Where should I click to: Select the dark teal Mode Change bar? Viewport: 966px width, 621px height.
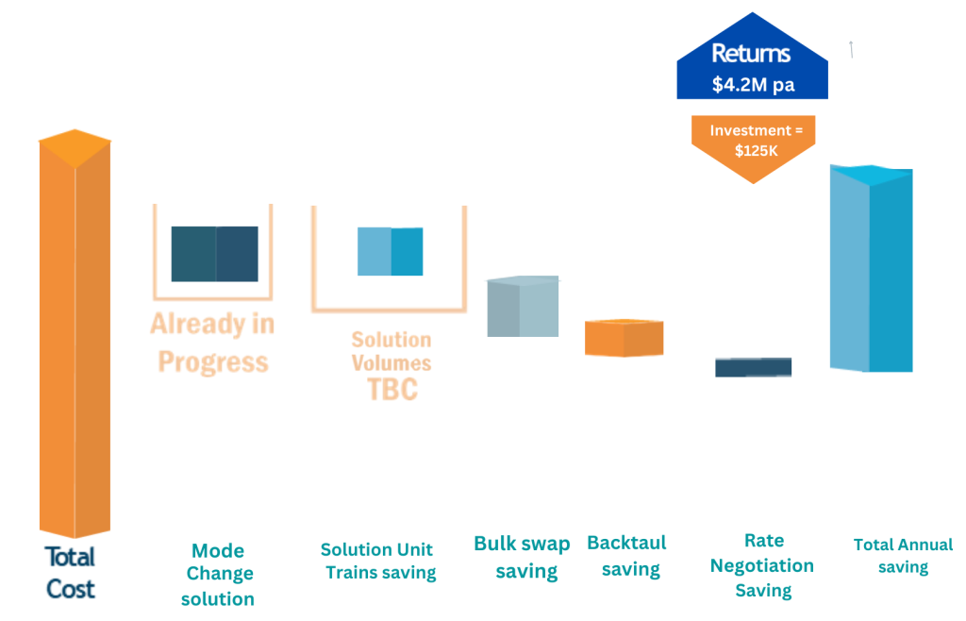click(214, 254)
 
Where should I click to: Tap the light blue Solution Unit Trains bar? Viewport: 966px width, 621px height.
click(390, 251)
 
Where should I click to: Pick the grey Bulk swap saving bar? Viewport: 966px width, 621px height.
click(523, 306)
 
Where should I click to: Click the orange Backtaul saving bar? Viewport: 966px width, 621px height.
click(625, 338)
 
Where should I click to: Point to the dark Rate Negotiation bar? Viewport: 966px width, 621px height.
click(754, 367)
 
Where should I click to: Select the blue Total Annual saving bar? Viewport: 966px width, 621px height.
click(871, 269)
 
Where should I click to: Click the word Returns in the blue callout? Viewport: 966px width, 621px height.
click(751, 54)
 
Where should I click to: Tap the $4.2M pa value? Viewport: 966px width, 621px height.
click(754, 84)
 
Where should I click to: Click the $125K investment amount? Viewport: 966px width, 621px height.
click(757, 151)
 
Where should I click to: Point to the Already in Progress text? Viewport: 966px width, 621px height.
click(212, 343)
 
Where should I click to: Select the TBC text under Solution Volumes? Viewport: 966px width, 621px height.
click(392, 390)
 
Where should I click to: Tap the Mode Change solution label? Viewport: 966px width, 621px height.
click(218, 575)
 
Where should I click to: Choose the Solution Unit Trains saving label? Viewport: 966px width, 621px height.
click(378, 562)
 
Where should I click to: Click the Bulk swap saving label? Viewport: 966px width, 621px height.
click(523, 558)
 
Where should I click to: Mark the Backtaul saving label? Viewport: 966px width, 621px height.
click(627, 556)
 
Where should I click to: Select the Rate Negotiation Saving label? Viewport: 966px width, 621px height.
click(762, 565)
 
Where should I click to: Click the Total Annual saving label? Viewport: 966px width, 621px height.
click(903, 556)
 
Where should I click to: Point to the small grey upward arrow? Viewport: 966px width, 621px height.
click(851, 49)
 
